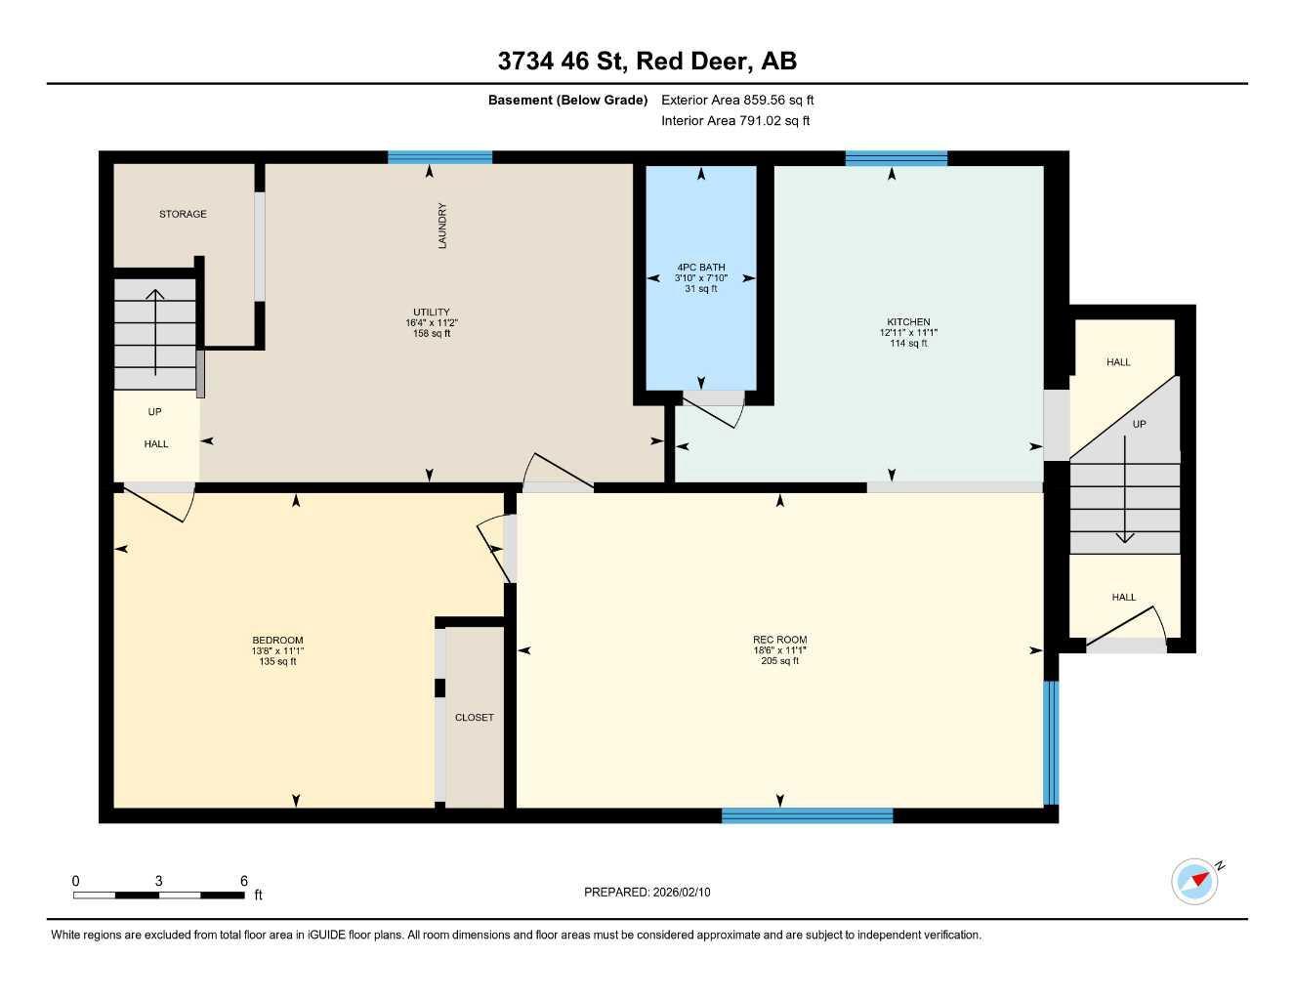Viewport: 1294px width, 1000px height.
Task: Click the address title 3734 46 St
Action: (x=647, y=61)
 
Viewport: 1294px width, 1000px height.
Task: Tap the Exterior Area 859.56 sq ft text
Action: (x=737, y=100)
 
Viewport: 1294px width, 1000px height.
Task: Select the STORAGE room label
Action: (x=183, y=214)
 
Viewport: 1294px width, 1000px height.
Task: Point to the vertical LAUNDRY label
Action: (x=442, y=226)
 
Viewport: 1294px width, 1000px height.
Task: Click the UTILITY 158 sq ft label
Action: (x=432, y=322)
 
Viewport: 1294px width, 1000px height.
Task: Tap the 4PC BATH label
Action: (x=701, y=277)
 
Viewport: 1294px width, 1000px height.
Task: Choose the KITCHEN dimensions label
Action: (x=908, y=332)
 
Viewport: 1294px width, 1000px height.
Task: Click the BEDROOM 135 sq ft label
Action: (x=277, y=650)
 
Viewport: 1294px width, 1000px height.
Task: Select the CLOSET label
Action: (x=475, y=717)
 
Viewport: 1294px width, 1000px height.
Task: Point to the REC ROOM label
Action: (x=779, y=650)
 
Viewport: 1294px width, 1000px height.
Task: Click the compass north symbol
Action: (x=1196, y=880)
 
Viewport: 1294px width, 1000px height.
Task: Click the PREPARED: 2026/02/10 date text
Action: (x=647, y=892)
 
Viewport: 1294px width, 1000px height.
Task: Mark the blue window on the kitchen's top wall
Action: (x=897, y=158)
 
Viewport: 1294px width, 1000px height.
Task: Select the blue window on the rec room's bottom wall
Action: (x=807, y=815)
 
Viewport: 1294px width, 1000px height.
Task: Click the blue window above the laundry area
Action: (x=439, y=157)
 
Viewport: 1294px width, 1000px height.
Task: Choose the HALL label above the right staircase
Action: (x=1118, y=362)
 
